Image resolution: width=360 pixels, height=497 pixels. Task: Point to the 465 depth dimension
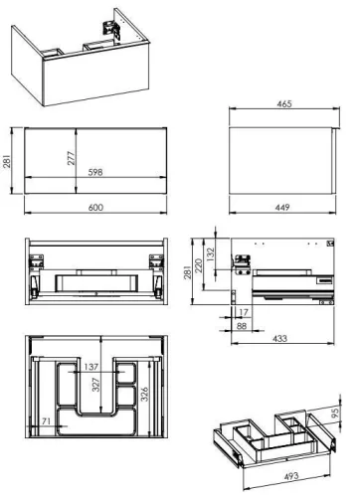[x=284, y=105]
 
